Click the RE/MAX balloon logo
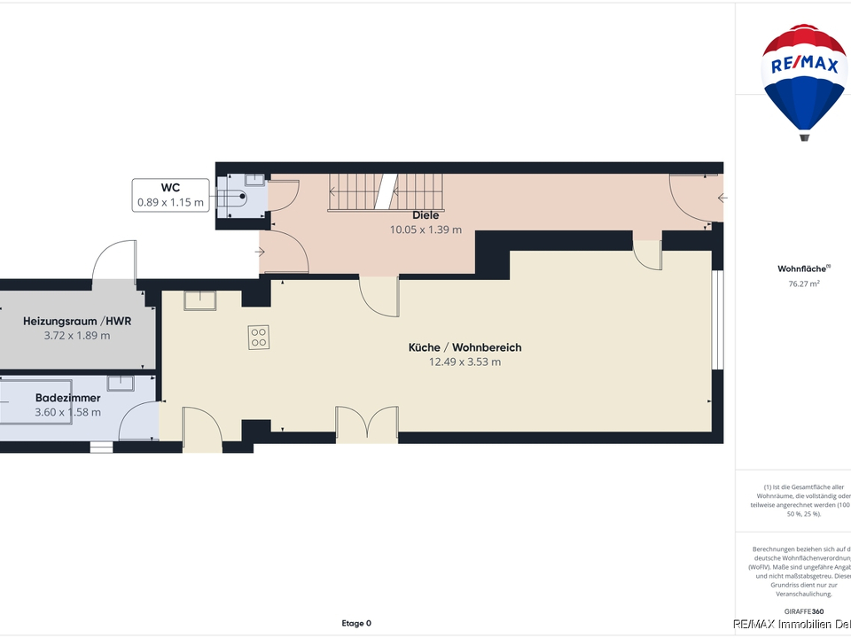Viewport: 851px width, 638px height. click(x=804, y=81)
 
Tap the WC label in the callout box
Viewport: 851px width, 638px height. click(x=170, y=188)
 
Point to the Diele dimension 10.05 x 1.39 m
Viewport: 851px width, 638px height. click(x=425, y=230)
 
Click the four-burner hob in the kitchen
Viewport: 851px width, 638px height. click(x=259, y=337)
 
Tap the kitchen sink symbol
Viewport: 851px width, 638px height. click(x=203, y=301)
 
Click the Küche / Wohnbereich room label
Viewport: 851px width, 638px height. click(x=465, y=347)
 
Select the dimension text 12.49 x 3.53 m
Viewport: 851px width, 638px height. click(x=465, y=362)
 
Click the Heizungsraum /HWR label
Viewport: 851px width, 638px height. click(x=77, y=321)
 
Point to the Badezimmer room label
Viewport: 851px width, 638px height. click(x=67, y=398)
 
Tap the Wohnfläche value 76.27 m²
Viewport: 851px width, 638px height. click(x=804, y=284)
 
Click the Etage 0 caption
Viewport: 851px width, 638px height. click(x=356, y=623)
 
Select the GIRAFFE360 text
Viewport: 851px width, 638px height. click(x=804, y=611)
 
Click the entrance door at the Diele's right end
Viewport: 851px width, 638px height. click(x=694, y=199)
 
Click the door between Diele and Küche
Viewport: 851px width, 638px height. click(x=379, y=296)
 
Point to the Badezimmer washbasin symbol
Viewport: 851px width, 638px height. click(x=120, y=383)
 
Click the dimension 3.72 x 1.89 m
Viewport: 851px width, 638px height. click(x=77, y=336)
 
